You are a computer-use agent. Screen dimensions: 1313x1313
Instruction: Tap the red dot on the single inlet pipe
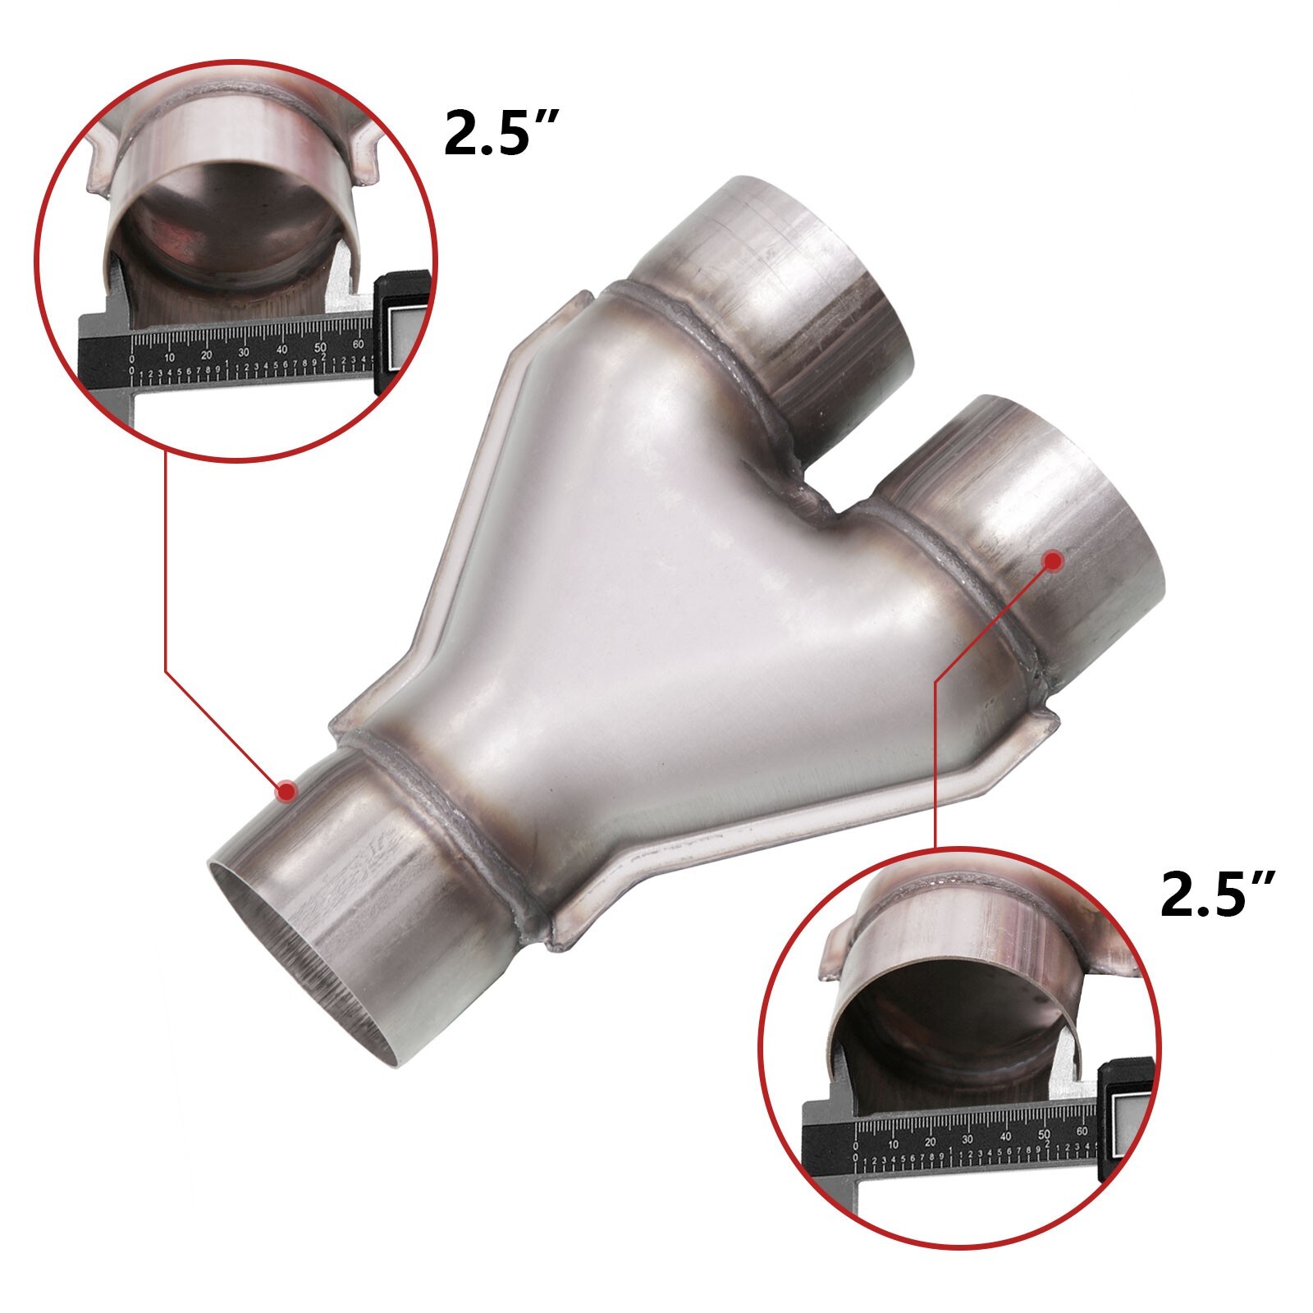click(286, 791)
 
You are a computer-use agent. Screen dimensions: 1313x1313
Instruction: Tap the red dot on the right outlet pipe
click(1053, 560)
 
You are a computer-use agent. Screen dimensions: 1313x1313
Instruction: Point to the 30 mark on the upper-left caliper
click(244, 352)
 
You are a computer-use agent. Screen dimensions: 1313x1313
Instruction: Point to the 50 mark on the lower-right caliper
click(1045, 1135)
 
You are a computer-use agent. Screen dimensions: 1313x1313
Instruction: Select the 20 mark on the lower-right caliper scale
click(930, 1141)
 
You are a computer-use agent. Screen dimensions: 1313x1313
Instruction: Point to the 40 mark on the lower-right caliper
click(1006, 1137)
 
